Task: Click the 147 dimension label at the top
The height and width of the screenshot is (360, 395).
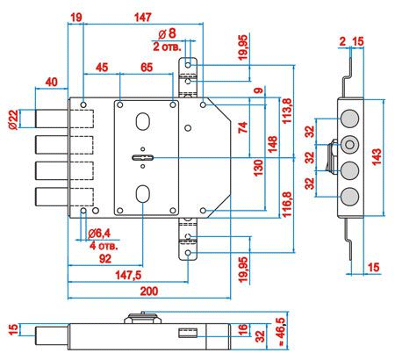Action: (142, 18)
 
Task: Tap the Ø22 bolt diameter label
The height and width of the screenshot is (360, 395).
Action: (13, 119)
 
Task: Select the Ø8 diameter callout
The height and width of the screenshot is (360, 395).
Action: (168, 33)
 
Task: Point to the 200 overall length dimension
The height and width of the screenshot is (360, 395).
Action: (149, 292)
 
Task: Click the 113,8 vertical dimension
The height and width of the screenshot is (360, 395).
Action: (287, 111)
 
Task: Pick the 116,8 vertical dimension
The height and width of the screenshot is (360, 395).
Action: (287, 204)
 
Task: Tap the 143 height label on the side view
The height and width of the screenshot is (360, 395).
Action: (377, 157)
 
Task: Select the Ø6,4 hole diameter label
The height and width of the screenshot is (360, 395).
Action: (99, 234)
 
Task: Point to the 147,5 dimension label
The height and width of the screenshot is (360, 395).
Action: (128, 275)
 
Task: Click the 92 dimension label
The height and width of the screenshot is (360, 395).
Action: (105, 259)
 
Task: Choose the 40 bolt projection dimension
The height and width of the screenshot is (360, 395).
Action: (52, 83)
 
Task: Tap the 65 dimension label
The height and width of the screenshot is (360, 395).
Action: (147, 68)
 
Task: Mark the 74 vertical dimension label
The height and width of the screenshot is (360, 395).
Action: (243, 127)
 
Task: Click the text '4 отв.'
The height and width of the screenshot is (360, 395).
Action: (104, 246)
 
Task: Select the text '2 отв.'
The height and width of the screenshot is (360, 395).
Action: (167, 47)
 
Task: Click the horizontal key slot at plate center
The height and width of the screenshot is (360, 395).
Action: (142, 158)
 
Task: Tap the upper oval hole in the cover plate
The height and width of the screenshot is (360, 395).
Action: (143, 121)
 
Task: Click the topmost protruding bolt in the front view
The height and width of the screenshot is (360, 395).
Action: (52, 119)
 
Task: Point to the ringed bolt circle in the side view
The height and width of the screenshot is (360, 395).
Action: (349, 145)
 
